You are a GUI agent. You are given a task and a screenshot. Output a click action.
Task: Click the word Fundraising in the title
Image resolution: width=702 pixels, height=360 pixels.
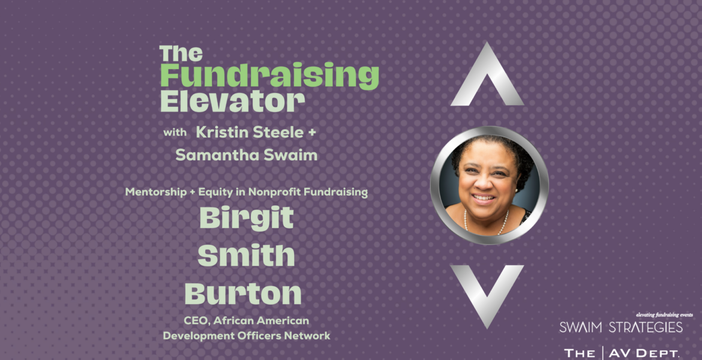tap(269, 76)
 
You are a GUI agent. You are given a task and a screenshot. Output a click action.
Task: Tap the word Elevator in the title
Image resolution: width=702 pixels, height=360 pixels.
tap(232, 101)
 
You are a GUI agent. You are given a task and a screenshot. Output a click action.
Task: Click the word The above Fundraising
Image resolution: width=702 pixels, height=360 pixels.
tap(181, 54)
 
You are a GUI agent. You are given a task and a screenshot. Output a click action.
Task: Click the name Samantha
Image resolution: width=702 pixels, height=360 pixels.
tap(208, 155)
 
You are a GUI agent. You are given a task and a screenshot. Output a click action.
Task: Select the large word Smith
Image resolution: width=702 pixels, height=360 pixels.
tap(246, 255)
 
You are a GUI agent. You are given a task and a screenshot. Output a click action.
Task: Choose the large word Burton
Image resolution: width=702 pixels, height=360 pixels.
tap(243, 293)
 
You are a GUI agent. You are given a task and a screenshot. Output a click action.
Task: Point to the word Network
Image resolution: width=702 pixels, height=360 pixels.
tap(310, 335)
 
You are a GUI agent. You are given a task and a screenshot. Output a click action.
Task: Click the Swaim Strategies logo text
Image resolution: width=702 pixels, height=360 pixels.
tap(620, 328)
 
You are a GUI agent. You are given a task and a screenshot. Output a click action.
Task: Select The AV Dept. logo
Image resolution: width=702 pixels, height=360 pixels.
tap(622, 353)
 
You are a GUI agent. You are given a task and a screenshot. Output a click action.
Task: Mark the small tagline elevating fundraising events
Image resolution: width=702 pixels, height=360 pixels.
tap(665, 315)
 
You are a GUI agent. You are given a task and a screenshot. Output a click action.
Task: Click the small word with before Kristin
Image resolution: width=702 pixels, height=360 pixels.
tap(175, 133)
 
